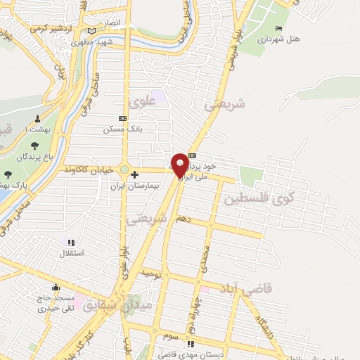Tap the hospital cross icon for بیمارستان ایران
135,174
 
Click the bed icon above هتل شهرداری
279,28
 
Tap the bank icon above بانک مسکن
122,118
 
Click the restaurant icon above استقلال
70,242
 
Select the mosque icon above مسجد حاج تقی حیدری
56,287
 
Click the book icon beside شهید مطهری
93,31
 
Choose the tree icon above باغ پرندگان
34,145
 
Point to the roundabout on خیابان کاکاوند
125,170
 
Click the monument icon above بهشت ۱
38,119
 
